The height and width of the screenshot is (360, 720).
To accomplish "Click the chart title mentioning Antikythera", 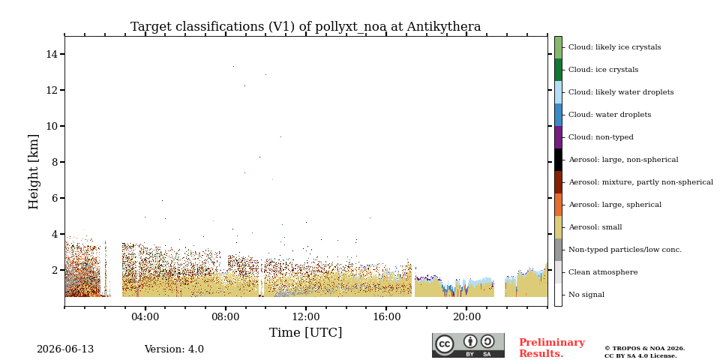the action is click(x=306, y=27).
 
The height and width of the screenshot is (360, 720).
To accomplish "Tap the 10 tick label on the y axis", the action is click(x=52, y=126).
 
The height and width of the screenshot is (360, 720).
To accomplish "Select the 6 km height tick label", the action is click(x=54, y=198).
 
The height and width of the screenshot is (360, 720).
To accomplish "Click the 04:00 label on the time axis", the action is click(x=145, y=316).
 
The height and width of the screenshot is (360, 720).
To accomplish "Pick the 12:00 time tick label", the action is click(x=306, y=316).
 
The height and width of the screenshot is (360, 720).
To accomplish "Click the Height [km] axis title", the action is click(x=34, y=172).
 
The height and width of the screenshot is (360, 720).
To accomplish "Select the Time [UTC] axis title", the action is click(x=306, y=332).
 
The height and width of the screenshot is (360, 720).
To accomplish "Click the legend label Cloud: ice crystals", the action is click(x=603, y=70).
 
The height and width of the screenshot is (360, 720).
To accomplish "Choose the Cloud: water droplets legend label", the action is click(x=610, y=115).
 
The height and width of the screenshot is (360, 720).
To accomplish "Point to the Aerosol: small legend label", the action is click(x=595, y=227).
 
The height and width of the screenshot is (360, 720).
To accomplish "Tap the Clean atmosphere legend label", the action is click(x=603, y=272).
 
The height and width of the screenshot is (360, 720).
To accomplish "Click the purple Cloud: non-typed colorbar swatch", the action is click(x=558, y=137).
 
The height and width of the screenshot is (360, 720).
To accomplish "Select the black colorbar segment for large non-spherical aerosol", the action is click(x=558, y=160).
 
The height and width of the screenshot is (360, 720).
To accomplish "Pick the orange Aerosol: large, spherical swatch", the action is click(x=558, y=205).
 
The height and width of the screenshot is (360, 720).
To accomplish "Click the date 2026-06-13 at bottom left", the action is click(x=65, y=349).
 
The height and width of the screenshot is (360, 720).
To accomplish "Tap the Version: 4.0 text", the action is click(x=174, y=349).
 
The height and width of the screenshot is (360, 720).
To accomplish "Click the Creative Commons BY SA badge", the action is click(x=468, y=345).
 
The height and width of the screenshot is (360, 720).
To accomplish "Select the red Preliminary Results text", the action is click(x=552, y=348).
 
